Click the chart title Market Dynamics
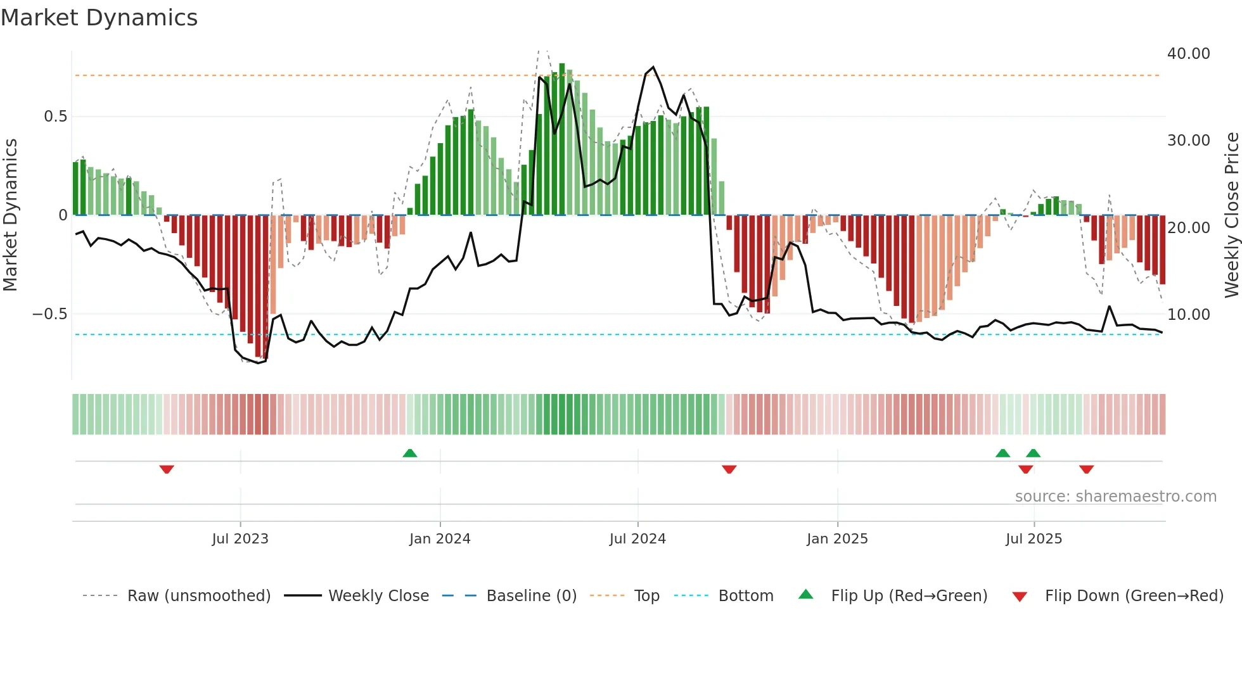99,18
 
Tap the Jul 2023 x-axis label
240,539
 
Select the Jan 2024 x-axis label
440,539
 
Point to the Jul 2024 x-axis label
637,539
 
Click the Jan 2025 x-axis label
837,539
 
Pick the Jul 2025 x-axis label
1034,539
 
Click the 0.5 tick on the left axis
55,117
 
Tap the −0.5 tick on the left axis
49,314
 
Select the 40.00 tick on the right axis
1188,54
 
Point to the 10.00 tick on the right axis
1188,314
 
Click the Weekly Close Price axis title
1231,215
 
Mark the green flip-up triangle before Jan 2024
410,453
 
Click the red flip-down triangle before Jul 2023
167,469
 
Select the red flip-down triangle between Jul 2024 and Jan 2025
729,469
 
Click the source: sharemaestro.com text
1115,497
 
